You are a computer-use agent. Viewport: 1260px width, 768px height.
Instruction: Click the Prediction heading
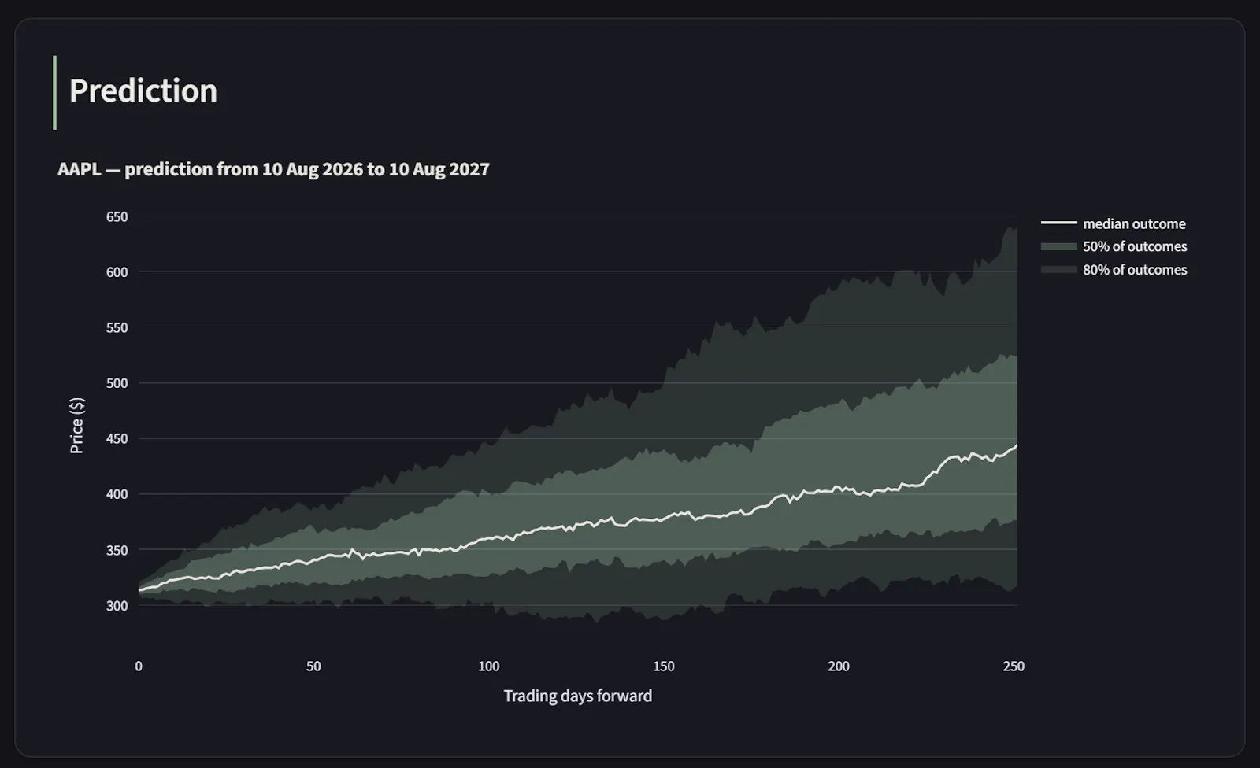pyautogui.click(x=143, y=90)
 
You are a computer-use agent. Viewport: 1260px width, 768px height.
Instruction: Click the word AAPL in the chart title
pyautogui.click(x=80, y=169)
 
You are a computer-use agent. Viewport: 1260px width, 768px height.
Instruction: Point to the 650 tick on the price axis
pyautogui.click(x=117, y=217)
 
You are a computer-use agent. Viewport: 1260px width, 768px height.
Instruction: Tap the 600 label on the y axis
pyautogui.click(x=117, y=272)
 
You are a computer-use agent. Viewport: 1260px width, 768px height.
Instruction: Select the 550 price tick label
pyautogui.click(x=117, y=328)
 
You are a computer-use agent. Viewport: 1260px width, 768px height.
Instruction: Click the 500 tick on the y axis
pyautogui.click(x=117, y=383)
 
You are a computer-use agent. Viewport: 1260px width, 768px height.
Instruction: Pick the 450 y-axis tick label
pyautogui.click(x=117, y=438)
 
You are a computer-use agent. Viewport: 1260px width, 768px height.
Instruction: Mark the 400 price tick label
pyautogui.click(x=117, y=494)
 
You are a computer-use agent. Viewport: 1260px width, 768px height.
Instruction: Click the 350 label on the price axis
pyautogui.click(x=117, y=550)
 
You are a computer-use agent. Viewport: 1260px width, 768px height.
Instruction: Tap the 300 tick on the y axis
pyautogui.click(x=117, y=606)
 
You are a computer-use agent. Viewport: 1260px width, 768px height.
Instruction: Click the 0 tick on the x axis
pyautogui.click(x=139, y=666)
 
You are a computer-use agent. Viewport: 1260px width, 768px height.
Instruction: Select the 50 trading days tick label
pyautogui.click(x=313, y=666)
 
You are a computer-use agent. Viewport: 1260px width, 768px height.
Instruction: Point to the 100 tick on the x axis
pyautogui.click(x=489, y=666)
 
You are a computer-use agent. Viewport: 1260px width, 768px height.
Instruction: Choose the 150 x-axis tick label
pyautogui.click(x=664, y=666)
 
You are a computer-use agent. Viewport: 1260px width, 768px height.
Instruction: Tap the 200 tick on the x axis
pyautogui.click(x=839, y=666)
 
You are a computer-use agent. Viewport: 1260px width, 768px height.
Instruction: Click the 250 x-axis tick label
pyautogui.click(x=1014, y=666)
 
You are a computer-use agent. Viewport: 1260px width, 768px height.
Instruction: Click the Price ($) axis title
pyautogui.click(x=76, y=426)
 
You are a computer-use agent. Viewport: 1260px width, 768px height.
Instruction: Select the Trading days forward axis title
pyautogui.click(x=578, y=696)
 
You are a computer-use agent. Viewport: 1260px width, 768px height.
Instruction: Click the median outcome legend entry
pyautogui.click(x=1114, y=223)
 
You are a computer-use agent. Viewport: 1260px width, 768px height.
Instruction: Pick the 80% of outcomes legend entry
pyautogui.click(x=1114, y=270)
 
